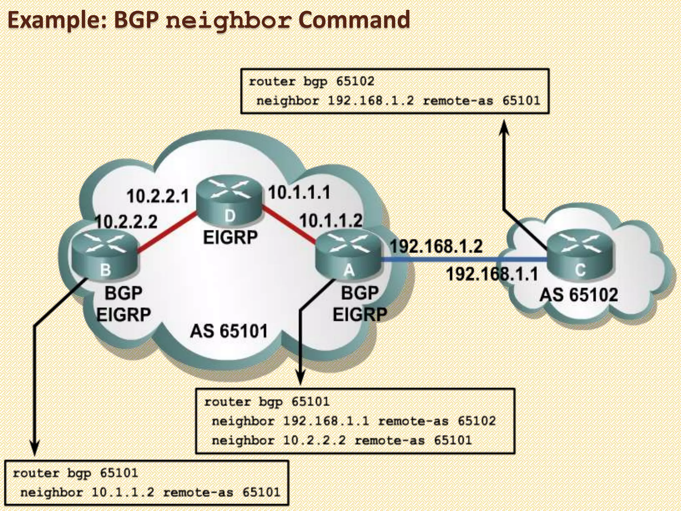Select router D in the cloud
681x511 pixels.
click(229, 201)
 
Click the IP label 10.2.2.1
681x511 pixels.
click(158, 196)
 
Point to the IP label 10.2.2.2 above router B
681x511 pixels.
click(126, 222)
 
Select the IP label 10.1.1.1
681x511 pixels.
click(299, 193)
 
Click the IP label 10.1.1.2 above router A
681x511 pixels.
click(331, 220)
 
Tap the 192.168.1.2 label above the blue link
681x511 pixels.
click(436, 247)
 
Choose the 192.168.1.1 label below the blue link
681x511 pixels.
click(491, 274)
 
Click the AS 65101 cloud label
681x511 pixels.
click(229, 331)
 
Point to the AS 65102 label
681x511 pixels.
click(579, 295)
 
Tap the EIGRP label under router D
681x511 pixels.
click(230, 238)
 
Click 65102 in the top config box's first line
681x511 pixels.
click(355, 81)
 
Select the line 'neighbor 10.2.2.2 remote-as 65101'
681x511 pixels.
click(341, 440)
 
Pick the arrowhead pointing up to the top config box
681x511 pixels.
click(505, 128)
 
